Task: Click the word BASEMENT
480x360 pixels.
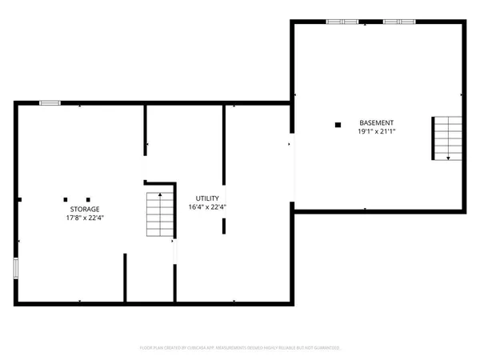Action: pyautogui.click(x=376, y=123)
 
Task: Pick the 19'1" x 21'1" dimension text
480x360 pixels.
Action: pyautogui.click(x=376, y=132)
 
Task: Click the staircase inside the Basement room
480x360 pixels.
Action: pyautogui.click(x=447, y=138)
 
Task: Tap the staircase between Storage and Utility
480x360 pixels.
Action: pyautogui.click(x=160, y=214)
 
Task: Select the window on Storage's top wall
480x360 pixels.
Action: pyautogui.click(x=50, y=102)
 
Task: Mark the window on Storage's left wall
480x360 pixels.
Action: pyautogui.click(x=16, y=268)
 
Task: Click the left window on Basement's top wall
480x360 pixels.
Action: pyautogui.click(x=342, y=22)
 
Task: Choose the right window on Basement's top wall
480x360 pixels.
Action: pyautogui.click(x=398, y=22)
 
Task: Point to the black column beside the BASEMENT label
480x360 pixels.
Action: pyautogui.click(x=338, y=124)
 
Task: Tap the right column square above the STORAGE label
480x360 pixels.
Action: pyautogui.click(x=88, y=199)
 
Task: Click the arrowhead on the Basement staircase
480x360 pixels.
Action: pyautogui.click(x=448, y=158)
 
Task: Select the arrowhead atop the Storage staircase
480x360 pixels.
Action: pyautogui.click(x=160, y=194)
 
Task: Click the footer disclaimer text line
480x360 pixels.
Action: pyautogui.click(x=240, y=348)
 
